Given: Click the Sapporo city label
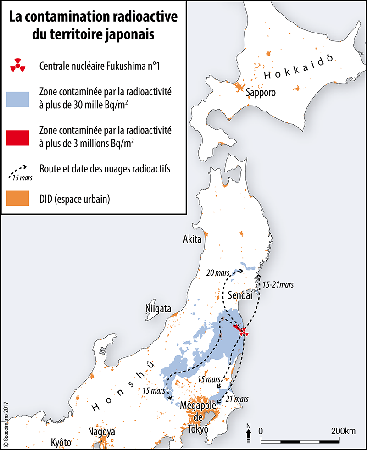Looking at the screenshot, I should point(261,93).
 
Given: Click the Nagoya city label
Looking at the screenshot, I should point(101,432).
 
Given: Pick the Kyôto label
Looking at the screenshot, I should point(61,443).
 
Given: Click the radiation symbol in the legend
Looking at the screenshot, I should point(18,66).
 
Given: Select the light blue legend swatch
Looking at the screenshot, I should point(18,99).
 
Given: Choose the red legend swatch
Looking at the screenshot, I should point(18,137).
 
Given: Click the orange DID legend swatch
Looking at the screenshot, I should point(18,200).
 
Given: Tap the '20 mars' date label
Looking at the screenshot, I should point(217,273).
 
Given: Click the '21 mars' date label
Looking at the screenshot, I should point(237,400).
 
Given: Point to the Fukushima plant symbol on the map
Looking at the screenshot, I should point(244,332).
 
